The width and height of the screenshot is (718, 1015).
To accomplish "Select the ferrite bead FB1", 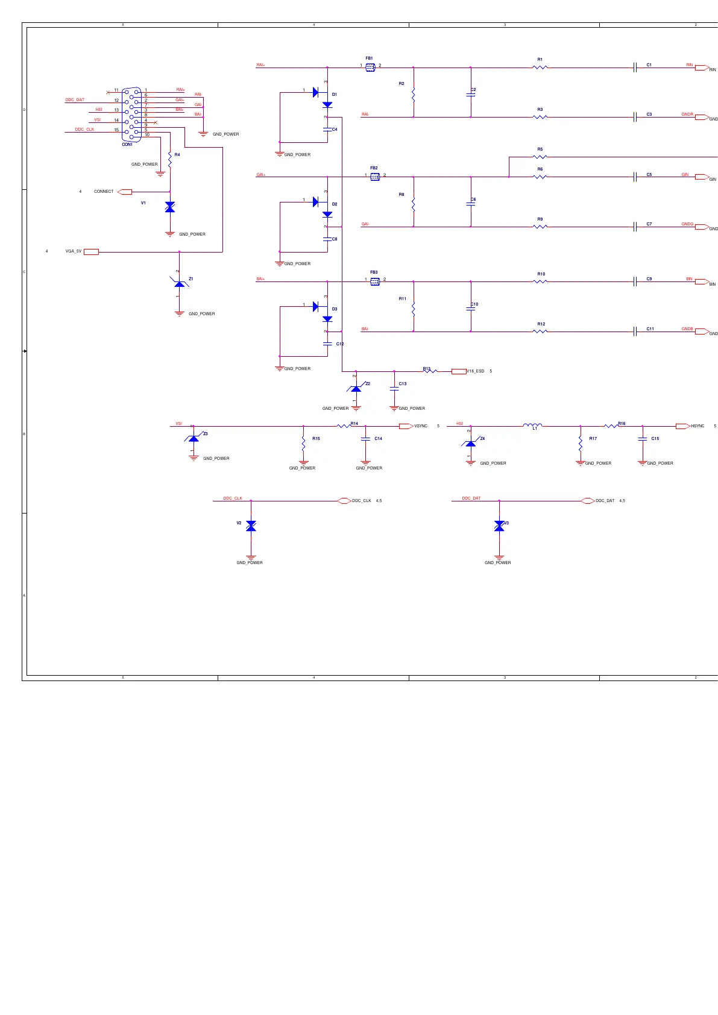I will pyautogui.click(x=370, y=68).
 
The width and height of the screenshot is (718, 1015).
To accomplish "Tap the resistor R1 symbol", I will pyautogui.click(x=540, y=68).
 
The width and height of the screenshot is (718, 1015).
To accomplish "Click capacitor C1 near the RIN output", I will pyautogui.click(x=635, y=67).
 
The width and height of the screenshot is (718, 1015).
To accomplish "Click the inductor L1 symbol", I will pyautogui.click(x=533, y=426).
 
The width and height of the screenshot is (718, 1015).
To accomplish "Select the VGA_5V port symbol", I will pyautogui.click(x=91, y=252).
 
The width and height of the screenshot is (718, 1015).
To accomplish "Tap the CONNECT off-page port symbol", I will pyautogui.click(x=125, y=192).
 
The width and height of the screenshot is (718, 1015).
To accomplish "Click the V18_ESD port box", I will pyautogui.click(x=459, y=371).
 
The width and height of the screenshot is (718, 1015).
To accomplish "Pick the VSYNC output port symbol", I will pyautogui.click(x=406, y=426).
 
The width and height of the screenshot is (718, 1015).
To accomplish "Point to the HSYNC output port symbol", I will pyautogui.click(x=682, y=426).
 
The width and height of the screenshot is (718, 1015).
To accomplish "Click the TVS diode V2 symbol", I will pyautogui.click(x=251, y=526).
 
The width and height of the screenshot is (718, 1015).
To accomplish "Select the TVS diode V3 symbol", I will pyautogui.click(x=499, y=526).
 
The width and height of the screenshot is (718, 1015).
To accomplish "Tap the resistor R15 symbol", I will pyautogui.click(x=303, y=444).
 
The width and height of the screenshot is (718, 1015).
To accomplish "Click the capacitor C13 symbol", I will pyautogui.click(x=394, y=389).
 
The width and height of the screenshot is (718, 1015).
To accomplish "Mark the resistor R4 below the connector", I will pyautogui.click(x=170, y=159).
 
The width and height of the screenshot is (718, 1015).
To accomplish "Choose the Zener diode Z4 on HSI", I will pyautogui.click(x=471, y=444).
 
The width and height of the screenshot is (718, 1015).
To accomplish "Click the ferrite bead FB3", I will pyautogui.click(x=375, y=281).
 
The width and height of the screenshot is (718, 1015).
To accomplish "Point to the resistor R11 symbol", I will pyautogui.click(x=414, y=309).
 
